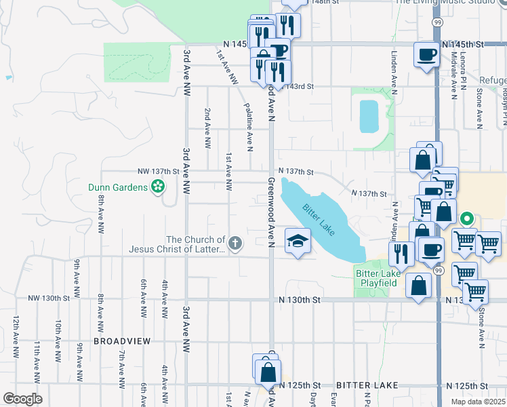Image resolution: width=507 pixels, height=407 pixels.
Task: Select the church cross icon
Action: [x=235, y=243]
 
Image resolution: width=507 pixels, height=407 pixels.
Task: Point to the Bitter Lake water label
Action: [x=319, y=220]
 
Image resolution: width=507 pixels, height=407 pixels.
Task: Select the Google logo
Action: [x=22, y=399]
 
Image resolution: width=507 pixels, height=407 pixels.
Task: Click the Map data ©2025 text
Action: [x=479, y=402]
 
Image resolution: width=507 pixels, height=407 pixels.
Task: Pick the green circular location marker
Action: [x=466, y=219]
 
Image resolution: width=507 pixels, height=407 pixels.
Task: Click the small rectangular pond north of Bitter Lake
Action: [x=369, y=115]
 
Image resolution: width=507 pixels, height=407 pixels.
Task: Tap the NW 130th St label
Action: [x=49, y=298]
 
